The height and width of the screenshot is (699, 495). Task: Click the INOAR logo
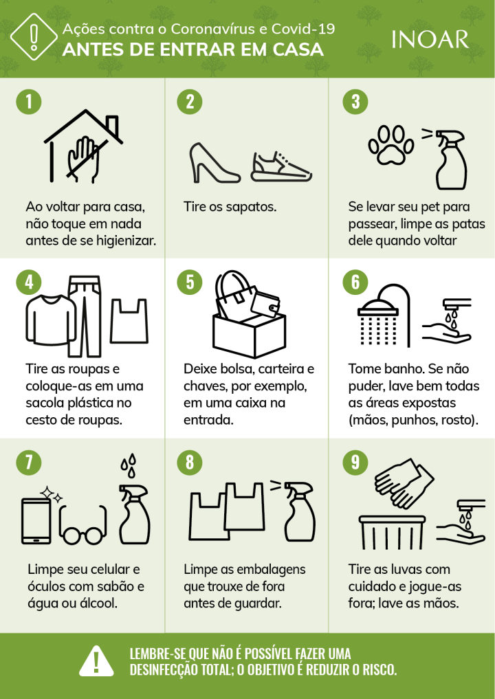coord(430,39)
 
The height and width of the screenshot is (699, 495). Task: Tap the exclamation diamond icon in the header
coord(34,36)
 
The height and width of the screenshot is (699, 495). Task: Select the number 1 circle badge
coord(29,101)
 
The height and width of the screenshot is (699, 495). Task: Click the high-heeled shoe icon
coord(214,163)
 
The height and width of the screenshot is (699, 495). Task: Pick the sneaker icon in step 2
coord(281,167)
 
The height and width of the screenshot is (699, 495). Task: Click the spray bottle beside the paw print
coord(450,159)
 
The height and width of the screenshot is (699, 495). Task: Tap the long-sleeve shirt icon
coord(50,320)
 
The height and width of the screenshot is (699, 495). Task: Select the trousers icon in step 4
coord(85,316)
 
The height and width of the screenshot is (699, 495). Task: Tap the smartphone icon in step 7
coord(36,521)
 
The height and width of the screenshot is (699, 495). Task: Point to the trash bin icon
coord(393,532)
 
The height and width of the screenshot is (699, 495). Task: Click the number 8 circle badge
coord(190,463)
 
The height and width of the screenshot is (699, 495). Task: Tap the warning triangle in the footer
coord(96,661)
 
